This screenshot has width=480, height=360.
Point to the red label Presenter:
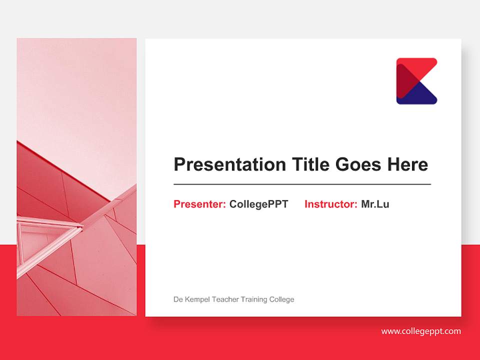[199, 204]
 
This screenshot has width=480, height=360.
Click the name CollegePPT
[258, 204]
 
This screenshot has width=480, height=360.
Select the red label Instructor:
[330, 204]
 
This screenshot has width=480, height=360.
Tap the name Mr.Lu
[375, 204]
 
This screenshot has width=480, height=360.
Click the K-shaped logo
[416, 81]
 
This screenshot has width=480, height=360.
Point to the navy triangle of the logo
[420, 95]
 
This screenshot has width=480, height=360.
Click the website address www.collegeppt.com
[421, 331]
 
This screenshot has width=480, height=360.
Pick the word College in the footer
[282, 299]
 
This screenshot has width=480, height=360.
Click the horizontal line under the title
[302, 184]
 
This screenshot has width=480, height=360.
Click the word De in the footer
[177, 299]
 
